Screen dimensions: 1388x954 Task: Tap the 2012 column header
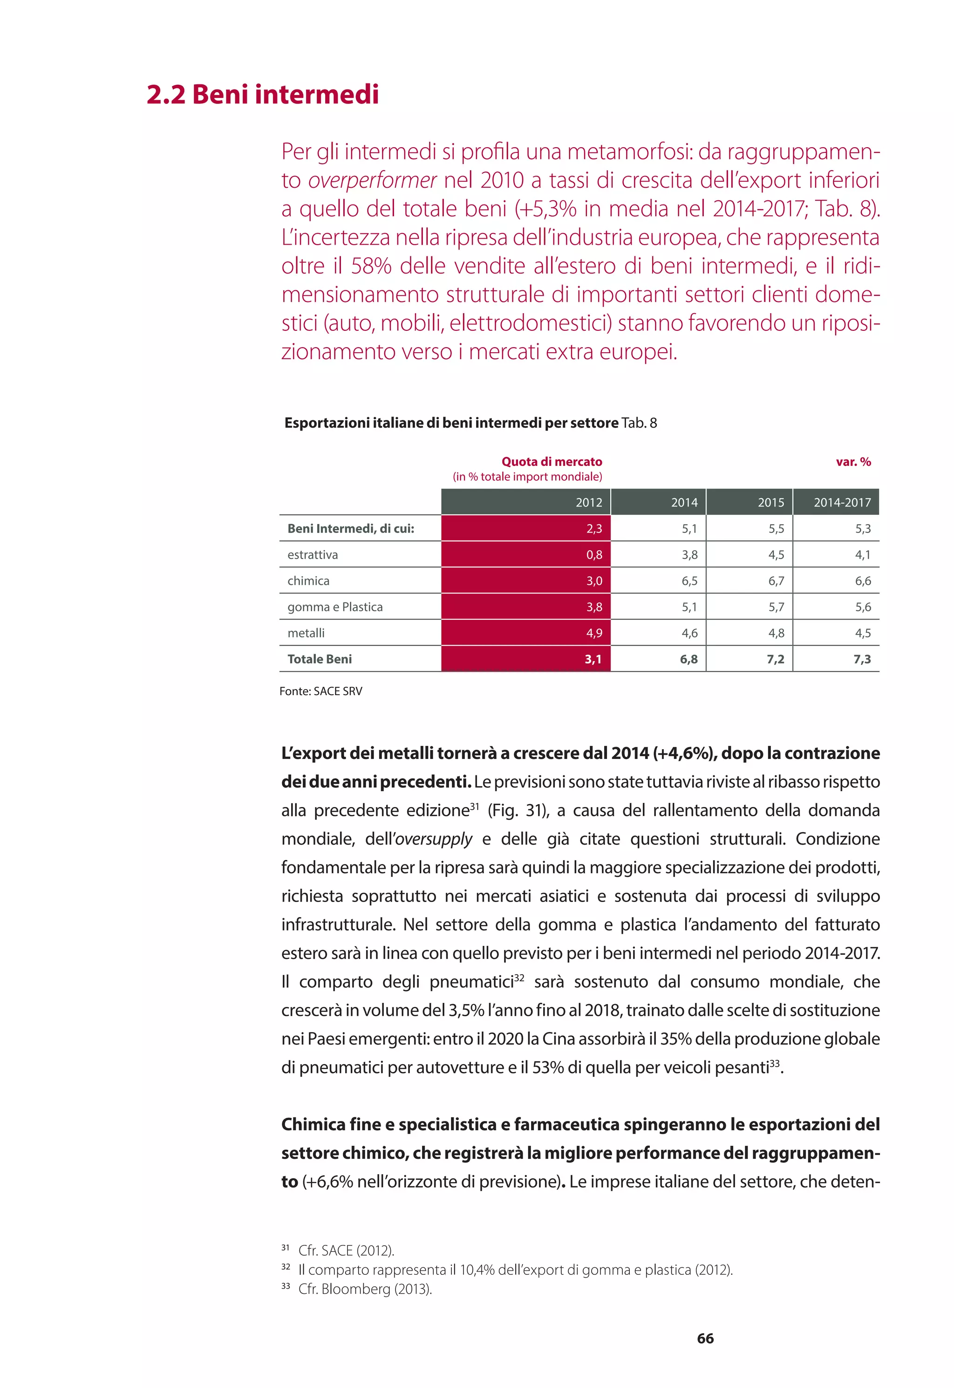pyautogui.click(x=589, y=502)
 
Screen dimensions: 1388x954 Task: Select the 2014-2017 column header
pyautogui.click(x=842, y=502)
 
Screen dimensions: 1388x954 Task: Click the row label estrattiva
pyautogui.click(x=313, y=555)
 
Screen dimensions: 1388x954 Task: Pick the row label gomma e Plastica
pyautogui.click(x=335, y=607)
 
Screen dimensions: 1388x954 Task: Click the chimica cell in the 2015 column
pyautogui.click(x=776, y=581)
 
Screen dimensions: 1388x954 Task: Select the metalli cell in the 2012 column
pyautogui.click(x=593, y=633)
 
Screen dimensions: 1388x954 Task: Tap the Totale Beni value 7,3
pyautogui.click(x=861, y=659)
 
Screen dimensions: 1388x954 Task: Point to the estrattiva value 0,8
pyautogui.click(x=593, y=555)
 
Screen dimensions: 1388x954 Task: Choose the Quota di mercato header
pyautogui.click(x=551, y=461)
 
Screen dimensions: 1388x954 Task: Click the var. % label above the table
pyautogui.click(x=853, y=461)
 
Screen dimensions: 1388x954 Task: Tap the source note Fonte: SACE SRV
pyautogui.click(x=320, y=691)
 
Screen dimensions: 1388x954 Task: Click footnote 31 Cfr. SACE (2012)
pyautogui.click(x=346, y=1251)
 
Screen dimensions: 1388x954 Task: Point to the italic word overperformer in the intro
pyautogui.click(x=372, y=180)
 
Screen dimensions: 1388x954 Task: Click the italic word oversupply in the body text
pyautogui.click(x=433, y=839)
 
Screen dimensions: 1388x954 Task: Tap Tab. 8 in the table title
pyautogui.click(x=639, y=423)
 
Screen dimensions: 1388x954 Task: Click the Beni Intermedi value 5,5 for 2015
pyautogui.click(x=776, y=529)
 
